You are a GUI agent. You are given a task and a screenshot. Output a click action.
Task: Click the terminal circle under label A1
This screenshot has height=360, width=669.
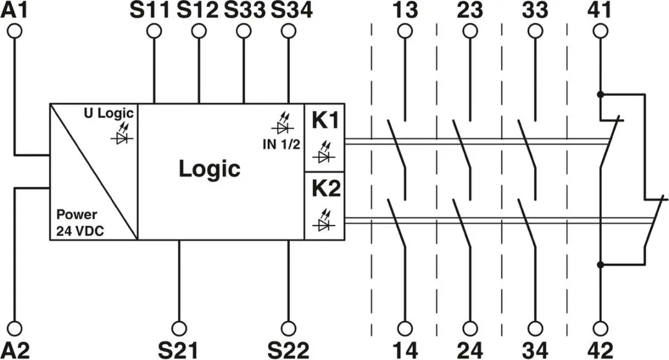[x=14, y=31]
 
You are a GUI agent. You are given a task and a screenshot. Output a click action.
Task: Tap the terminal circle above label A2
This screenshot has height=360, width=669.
[x=14, y=328]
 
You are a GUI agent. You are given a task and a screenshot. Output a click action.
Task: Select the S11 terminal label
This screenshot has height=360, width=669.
[x=150, y=11]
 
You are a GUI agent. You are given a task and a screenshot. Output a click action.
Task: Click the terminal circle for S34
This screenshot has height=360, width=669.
[x=289, y=31]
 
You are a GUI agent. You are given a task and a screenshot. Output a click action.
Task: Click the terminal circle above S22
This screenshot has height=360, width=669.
[x=289, y=328]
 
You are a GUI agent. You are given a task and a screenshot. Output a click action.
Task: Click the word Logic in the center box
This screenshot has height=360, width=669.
[x=209, y=169]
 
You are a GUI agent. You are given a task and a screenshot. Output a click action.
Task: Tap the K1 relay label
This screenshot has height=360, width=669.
[x=326, y=120]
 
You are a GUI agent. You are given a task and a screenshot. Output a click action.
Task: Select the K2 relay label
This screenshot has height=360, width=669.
[x=326, y=188]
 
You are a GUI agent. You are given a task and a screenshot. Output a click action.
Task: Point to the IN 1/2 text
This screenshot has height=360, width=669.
[x=281, y=144]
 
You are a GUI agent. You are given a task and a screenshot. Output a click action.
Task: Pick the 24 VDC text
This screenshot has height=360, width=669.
[x=80, y=230]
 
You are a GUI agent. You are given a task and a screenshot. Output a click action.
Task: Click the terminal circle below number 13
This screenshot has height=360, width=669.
[x=404, y=31]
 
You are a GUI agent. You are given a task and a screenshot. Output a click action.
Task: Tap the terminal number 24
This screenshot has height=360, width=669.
[x=470, y=350]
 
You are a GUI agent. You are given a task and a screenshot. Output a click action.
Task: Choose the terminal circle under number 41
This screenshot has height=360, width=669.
[x=601, y=31]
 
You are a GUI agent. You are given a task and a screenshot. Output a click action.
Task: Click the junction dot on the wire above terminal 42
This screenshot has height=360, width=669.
[x=601, y=265]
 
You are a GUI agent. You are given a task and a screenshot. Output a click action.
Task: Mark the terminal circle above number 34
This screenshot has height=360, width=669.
[x=535, y=328]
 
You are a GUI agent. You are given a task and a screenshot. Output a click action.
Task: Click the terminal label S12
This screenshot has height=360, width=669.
[x=198, y=11]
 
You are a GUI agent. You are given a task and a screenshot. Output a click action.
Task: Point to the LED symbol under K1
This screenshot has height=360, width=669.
[x=325, y=152]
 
